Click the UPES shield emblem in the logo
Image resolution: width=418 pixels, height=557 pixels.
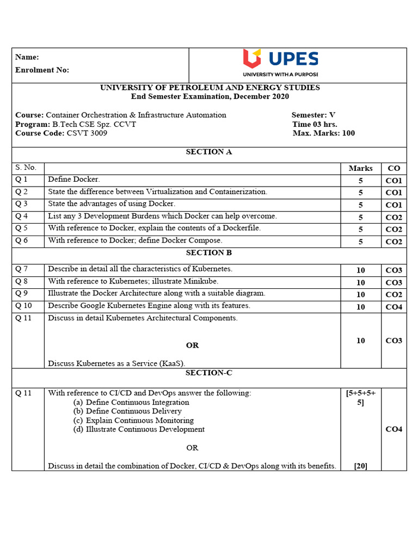(252, 58)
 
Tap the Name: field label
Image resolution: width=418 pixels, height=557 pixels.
(27, 57)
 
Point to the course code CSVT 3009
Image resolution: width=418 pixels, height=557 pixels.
(87, 133)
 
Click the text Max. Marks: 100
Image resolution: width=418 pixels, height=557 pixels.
(323, 133)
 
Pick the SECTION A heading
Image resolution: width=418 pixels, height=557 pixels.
(209, 152)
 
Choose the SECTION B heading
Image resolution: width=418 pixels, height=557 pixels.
(209, 252)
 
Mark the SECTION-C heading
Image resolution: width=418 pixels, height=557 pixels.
(208, 373)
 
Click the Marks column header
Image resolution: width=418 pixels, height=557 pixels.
(360, 168)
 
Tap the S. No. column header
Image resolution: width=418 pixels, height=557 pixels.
(26, 168)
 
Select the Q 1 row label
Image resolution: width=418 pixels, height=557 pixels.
(21, 180)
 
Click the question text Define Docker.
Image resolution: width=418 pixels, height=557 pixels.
(74, 180)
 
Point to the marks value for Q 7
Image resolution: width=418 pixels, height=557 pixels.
(360, 270)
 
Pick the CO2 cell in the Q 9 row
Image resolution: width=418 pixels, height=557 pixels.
(394, 295)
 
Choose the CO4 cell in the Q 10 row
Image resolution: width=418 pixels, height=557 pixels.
(394, 307)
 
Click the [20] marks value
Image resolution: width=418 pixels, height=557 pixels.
(360, 466)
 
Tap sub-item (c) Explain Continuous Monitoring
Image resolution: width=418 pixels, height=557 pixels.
(133, 420)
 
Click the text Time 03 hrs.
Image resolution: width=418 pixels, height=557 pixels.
(315, 124)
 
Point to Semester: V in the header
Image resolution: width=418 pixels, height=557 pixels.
(313, 115)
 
